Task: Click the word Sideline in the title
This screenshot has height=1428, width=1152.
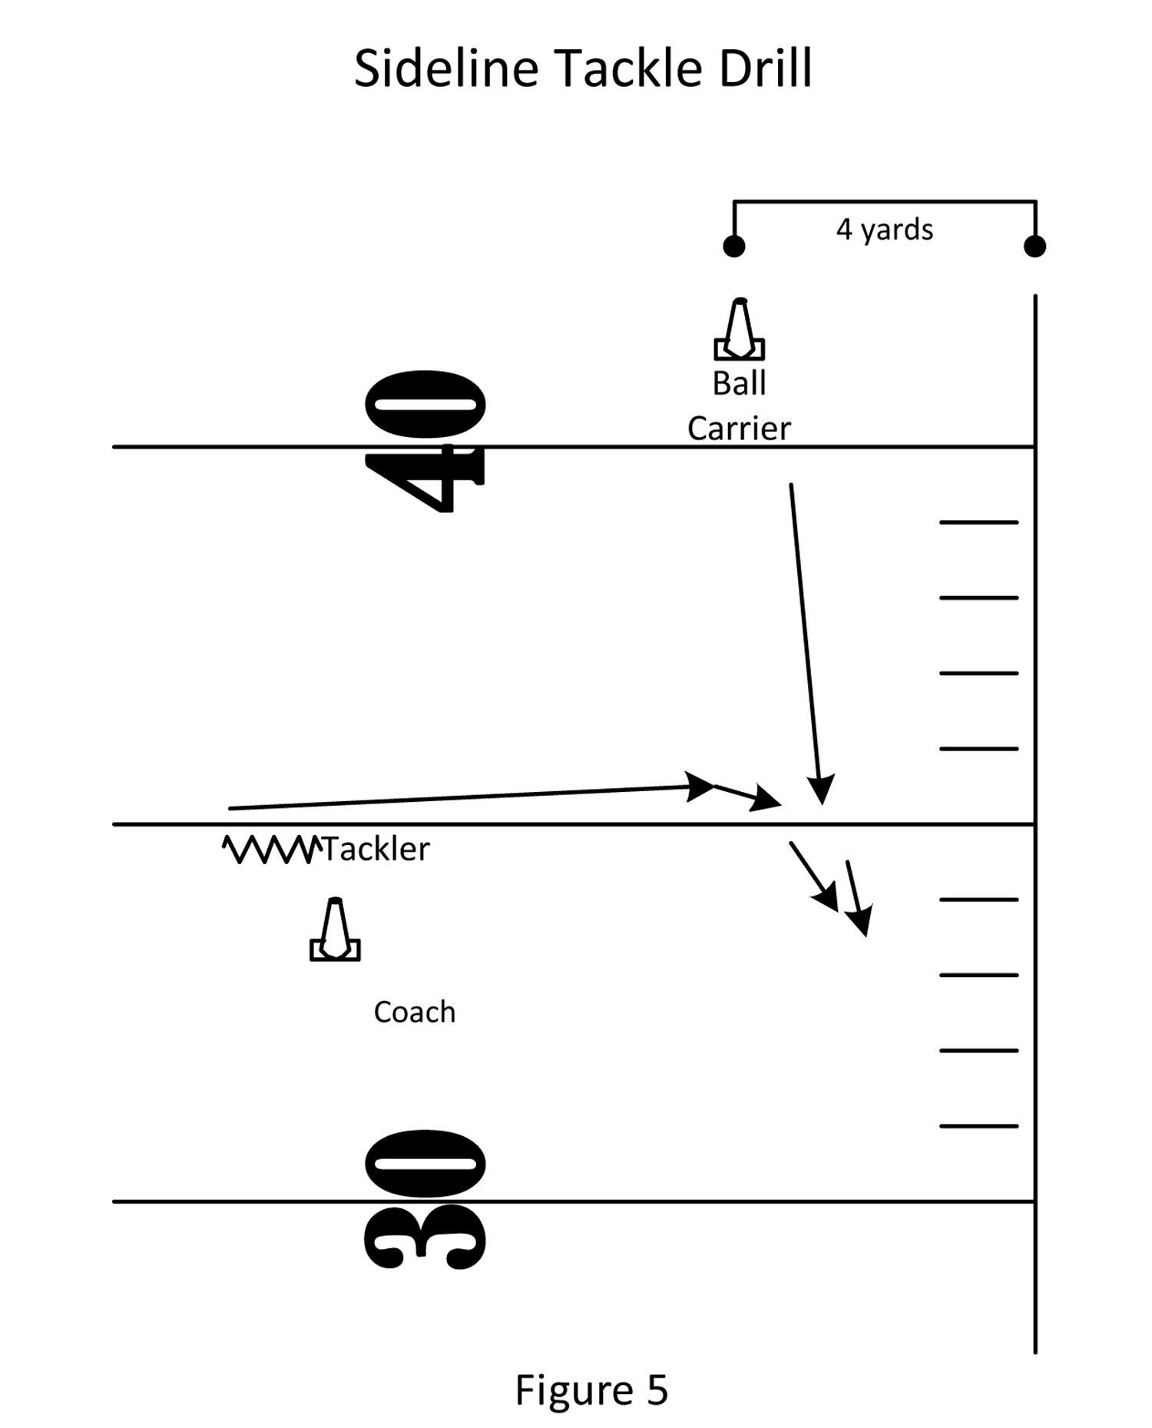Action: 446,69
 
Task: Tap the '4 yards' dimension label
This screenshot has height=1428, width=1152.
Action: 884,230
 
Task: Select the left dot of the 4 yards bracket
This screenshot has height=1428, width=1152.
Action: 733,247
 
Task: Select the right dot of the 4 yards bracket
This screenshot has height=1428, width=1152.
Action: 1034,247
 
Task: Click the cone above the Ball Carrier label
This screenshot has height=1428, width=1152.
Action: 739,330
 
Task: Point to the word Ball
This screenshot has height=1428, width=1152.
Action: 739,383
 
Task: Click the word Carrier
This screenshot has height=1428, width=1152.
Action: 739,429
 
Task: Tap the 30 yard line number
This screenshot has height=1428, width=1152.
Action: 425,1200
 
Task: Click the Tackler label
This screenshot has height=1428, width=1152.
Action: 376,850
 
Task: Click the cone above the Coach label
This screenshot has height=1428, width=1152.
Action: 335,931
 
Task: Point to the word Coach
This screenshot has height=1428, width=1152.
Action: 414,1012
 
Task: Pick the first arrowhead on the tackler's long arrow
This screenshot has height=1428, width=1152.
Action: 700,786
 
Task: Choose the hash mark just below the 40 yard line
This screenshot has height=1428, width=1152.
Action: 978,522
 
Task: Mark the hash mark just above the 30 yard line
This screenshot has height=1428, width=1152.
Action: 978,1126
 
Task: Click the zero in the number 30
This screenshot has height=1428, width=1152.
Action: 425,1163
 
